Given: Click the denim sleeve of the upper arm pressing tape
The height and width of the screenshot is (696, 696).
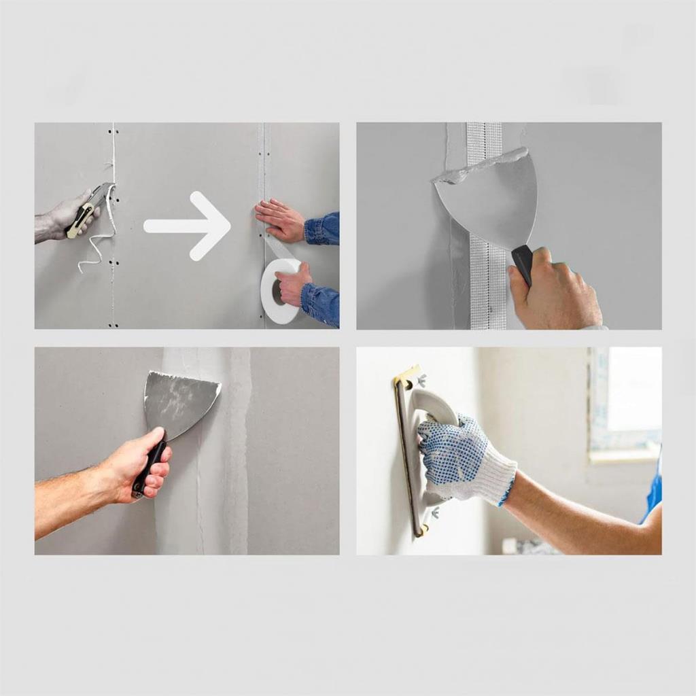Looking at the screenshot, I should point(322,228).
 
